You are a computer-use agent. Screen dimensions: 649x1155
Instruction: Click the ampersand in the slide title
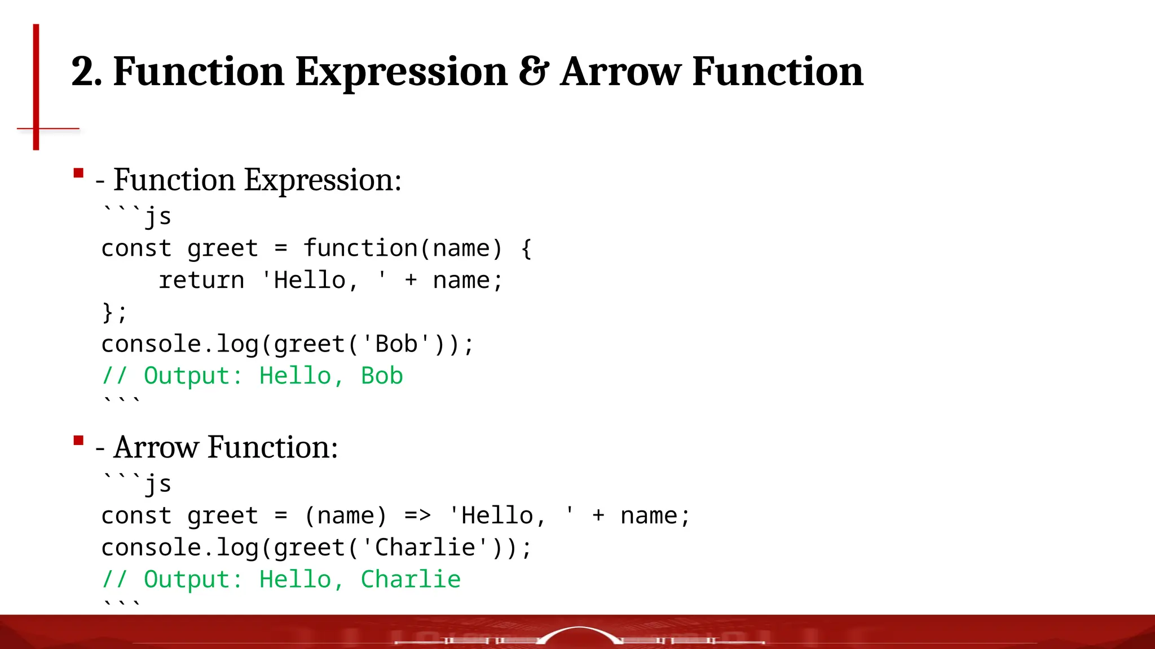tap(533, 72)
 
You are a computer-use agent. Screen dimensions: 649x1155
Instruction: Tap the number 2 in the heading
tap(82, 72)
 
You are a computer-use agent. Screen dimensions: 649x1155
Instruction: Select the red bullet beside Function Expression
tap(78, 173)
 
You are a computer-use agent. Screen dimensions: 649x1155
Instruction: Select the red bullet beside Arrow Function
tap(78, 440)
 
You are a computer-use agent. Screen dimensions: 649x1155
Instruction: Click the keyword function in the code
tap(360, 248)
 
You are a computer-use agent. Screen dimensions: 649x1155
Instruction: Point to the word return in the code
tap(201, 281)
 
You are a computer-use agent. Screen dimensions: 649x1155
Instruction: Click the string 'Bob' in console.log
tap(396, 344)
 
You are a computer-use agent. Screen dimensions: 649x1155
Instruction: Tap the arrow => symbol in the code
tap(417, 515)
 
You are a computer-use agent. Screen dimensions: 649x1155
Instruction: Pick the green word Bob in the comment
tap(382, 376)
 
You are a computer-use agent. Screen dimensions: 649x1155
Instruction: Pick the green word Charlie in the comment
tap(411, 579)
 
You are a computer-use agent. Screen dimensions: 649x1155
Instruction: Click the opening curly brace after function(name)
tap(526, 248)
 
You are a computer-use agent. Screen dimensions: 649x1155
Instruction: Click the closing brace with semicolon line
tap(114, 312)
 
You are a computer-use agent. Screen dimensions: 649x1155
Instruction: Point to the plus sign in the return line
tap(411, 281)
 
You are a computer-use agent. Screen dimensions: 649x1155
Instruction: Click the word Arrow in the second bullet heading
tap(156, 447)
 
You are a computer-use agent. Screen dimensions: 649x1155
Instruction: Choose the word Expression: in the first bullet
tap(323, 180)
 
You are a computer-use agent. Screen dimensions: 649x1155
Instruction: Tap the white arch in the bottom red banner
tap(579, 632)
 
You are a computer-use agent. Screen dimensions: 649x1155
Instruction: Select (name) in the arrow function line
tap(345, 515)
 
